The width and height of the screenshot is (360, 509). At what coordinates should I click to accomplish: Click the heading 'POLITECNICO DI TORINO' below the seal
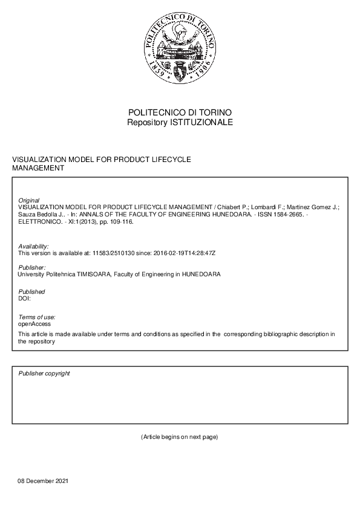180,113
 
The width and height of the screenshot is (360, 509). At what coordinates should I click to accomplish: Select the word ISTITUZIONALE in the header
201,122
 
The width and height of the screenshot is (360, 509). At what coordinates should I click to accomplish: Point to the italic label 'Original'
29,200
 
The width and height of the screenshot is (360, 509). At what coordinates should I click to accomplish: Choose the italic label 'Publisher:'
32,267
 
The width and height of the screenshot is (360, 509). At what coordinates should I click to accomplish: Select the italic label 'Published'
31,291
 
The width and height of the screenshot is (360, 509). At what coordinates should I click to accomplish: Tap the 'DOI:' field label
25,298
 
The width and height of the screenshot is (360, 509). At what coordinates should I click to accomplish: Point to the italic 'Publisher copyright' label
44,374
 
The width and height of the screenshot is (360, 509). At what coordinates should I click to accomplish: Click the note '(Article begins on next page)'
179,436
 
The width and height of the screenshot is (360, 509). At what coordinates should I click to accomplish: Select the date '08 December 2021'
43,481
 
